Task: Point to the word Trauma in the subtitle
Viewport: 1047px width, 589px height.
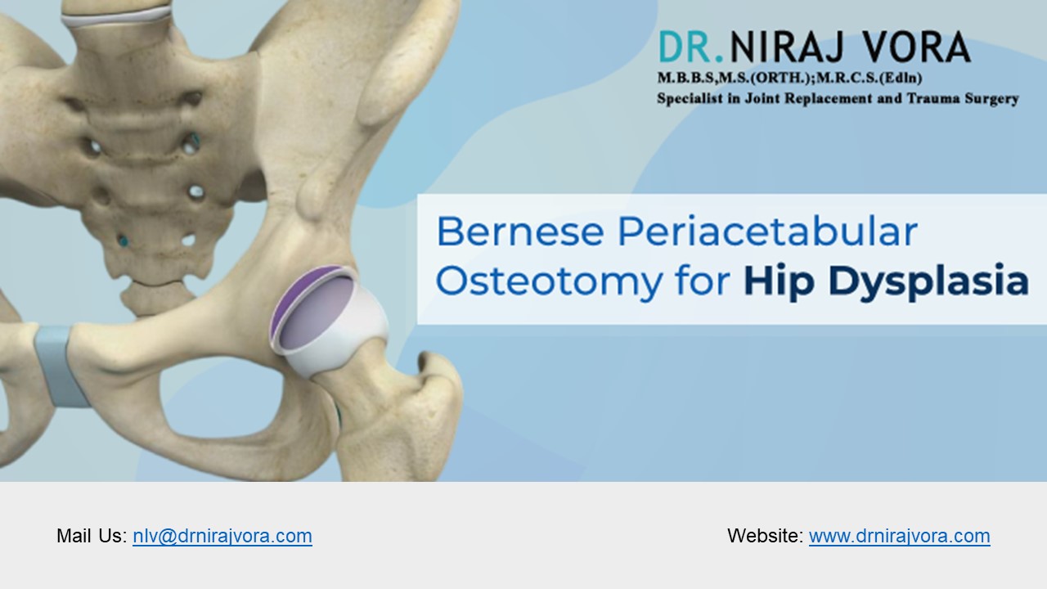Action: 923,98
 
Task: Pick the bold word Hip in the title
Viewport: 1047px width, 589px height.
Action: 775,281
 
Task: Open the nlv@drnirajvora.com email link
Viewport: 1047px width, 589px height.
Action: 222,537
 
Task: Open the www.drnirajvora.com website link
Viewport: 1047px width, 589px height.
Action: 899,537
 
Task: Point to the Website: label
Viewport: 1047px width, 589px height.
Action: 765,537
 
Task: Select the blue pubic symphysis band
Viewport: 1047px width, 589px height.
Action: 60,364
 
